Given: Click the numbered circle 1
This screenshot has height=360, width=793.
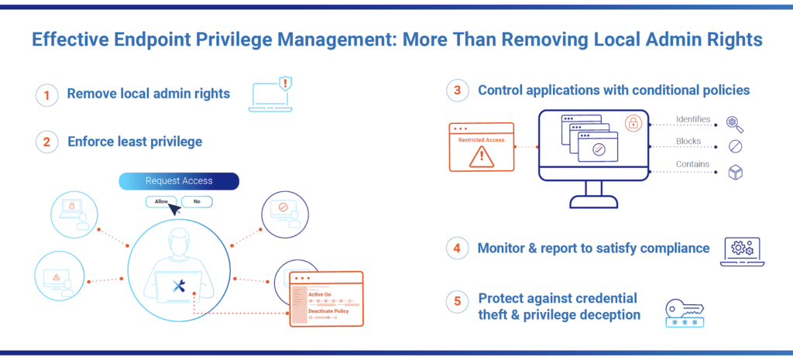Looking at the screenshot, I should [47, 95].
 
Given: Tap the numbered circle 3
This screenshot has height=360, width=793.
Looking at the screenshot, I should [458, 91].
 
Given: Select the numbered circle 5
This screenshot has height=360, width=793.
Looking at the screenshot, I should [458, 300].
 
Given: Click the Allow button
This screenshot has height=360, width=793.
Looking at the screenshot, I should [161, 201].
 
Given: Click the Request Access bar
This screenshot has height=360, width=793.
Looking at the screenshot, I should [179, 181].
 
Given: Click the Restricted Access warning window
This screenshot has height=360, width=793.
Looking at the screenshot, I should [481, 147].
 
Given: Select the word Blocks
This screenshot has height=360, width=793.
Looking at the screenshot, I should [688, 142].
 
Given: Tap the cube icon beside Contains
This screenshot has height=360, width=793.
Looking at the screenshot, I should [735, 172].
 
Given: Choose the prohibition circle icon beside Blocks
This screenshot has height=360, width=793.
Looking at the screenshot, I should [735, 146].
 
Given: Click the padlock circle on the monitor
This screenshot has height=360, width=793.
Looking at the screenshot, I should [633, 123].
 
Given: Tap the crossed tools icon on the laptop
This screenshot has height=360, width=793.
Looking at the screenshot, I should [180, 288].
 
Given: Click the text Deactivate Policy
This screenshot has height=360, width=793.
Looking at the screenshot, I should [328, 311].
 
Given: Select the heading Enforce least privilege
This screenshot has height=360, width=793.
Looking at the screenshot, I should [134, 141].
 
